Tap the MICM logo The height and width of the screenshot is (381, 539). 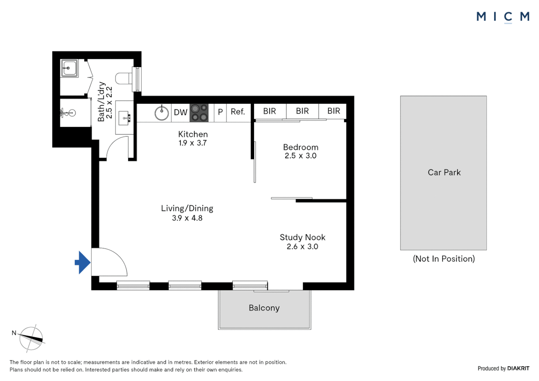coord(503,17)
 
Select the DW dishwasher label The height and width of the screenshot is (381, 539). coord(180,113)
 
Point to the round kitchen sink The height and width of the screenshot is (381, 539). coord(162,113)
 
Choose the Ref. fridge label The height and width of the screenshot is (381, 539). coord(238,112)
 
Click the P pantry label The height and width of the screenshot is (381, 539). coord(220,112)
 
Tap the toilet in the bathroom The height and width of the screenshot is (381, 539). coord(123,78)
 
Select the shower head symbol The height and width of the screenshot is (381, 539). coord(68,113)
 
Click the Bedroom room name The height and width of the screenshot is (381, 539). coord(301,147)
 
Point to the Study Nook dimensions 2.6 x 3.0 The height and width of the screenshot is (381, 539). coord(302,247)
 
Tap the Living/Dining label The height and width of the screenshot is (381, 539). coord(187,208)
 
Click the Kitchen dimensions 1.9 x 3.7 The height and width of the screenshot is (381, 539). coord(192,143)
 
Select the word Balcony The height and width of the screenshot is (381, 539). coord(264,308)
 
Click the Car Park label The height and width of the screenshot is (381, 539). coord(444,173)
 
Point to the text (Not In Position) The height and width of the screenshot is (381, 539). coord(444,259)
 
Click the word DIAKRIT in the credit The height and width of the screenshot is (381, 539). coord(518,368)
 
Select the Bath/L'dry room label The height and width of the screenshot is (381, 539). coord(101,102)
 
